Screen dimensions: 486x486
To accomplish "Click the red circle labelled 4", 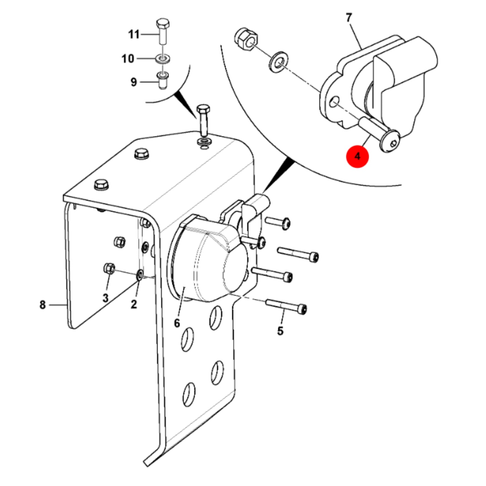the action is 358,156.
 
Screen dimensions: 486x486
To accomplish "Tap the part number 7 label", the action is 348,18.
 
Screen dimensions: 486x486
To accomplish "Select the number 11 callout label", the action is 134,34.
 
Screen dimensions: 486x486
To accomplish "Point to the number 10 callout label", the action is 127,59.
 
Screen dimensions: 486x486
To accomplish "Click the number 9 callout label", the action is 134,82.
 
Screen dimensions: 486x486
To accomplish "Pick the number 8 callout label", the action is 43,305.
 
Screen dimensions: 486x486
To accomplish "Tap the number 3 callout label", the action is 105,298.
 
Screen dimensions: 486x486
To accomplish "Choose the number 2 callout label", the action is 134,304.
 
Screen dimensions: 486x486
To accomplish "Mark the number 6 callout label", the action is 177,323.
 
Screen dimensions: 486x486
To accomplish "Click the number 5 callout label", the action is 280,331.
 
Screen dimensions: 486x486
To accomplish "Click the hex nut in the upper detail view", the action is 246,39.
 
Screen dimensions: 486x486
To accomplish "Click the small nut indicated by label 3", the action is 109,268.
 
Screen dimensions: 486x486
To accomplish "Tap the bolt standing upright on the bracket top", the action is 203,121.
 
